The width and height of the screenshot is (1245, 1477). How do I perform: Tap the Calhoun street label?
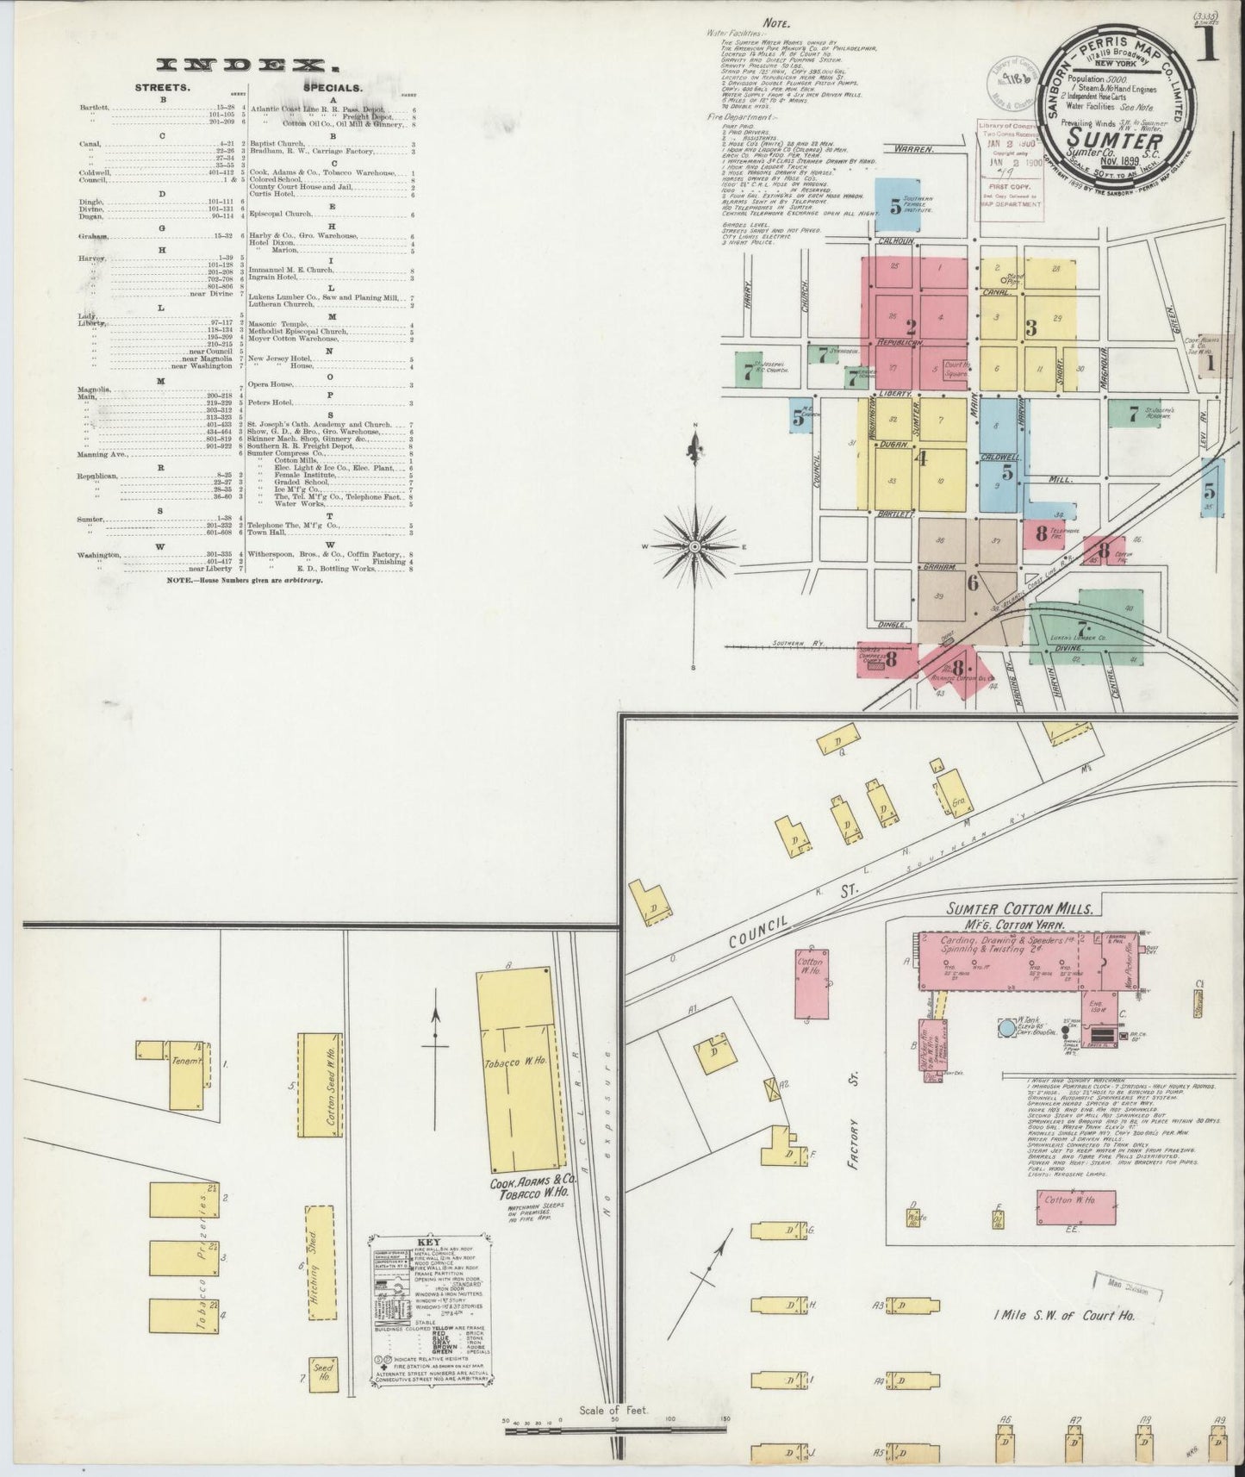click(896, 241)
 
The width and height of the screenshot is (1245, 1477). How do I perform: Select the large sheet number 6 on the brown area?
click(972, 583)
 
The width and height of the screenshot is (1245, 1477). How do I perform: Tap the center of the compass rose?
click(694, 547)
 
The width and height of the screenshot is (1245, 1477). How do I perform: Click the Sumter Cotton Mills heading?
click(1020, 908)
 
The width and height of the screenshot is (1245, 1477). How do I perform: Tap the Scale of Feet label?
click(613, 1411)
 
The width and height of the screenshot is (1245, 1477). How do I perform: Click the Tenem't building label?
click(186, 1060)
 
